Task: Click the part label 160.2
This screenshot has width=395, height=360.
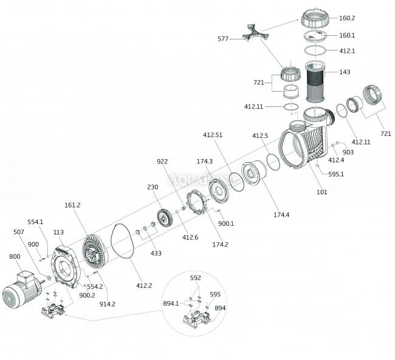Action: (347, 18)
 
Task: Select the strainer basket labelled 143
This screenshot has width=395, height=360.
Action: (315, 82)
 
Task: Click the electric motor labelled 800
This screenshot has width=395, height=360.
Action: (21, 290)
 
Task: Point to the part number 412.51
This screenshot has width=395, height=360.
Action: (213, 135)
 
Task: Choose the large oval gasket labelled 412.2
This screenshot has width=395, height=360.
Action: (123, 241)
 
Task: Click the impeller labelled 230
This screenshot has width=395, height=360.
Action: (165, 217)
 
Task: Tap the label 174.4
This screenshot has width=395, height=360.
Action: (281, 215)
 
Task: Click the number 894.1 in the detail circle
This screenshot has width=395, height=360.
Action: (171, 304)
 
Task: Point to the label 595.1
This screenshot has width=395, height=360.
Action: (336, 174)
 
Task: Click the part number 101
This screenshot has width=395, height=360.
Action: (321, 192)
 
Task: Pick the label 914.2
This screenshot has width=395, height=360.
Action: (108, 304)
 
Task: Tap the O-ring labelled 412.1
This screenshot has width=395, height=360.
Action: (315, 50)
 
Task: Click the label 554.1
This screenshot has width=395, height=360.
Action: (35, 222)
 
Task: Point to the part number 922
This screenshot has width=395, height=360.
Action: (162, 161)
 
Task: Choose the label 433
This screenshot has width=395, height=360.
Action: (156, 253)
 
